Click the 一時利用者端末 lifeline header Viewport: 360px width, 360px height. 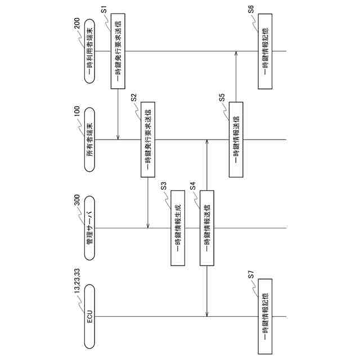pyautogui.click(x=89, y=51)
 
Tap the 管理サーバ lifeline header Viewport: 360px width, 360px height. pyautogui.click(x=89, y=228)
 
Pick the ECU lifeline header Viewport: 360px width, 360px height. pyautogui.click(x=89, y=315)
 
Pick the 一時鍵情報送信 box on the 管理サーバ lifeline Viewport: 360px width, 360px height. pyautogui.click(x=207, y=228)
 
